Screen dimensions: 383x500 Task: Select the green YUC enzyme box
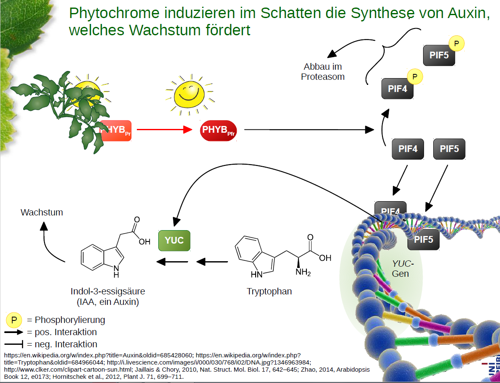(174, 240)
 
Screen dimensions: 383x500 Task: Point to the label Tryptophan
(269, 291)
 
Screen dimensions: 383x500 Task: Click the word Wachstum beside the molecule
(42, 212)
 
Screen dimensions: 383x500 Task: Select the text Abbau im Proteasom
(323, 72)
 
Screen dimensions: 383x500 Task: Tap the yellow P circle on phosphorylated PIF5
(457, 44)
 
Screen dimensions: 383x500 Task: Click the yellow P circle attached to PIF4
(415, 76)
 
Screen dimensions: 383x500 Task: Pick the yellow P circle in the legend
(14, 320)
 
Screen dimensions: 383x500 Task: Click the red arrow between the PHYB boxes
(164, 130)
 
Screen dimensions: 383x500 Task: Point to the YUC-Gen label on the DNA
(402, 269)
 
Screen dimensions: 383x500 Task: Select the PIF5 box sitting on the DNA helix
(424, 239)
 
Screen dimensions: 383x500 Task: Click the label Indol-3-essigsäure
(108, 291)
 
